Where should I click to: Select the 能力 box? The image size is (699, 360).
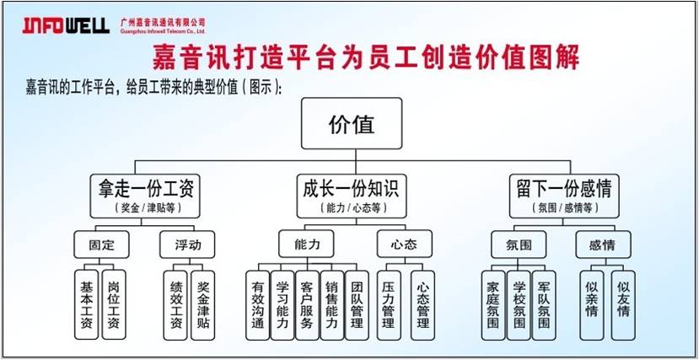pyautogui.click(x=306, y=245)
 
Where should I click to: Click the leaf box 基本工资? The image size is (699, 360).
pyautogui.click(x=86, y=304)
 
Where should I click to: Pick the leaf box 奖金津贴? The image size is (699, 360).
pyautogui.click(x=204, y=304)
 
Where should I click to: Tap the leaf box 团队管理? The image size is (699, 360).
pyautogui.click(x=357, y=304)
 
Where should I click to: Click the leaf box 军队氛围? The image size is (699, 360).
pyautogui.click(x=546, y=304)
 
